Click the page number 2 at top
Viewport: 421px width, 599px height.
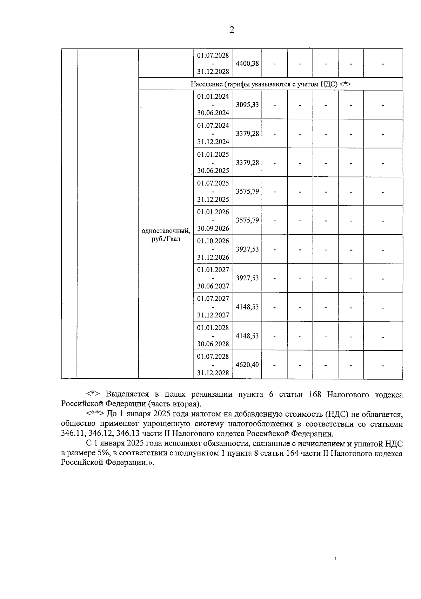[232, 30]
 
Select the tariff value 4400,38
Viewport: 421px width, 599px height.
[247, 64]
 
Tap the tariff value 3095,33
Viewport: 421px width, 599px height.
[247, 105]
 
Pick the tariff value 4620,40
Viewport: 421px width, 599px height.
[247, 365]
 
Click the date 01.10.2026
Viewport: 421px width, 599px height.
[213, 241]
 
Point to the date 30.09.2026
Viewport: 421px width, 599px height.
[213, 228]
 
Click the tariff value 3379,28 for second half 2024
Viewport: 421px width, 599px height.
[247, 134]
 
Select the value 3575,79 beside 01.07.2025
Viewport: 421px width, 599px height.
[247, 191]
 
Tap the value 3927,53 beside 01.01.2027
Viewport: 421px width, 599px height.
[247, 278]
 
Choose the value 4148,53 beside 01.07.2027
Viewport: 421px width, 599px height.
[247, 307]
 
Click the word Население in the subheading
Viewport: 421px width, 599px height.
[206, 84]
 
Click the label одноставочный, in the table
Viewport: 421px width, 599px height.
[166, 231]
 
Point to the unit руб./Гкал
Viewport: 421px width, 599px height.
[166, 240]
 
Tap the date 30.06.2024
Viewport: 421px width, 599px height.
[213, 113]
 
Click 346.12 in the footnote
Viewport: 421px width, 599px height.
[102, 433]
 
